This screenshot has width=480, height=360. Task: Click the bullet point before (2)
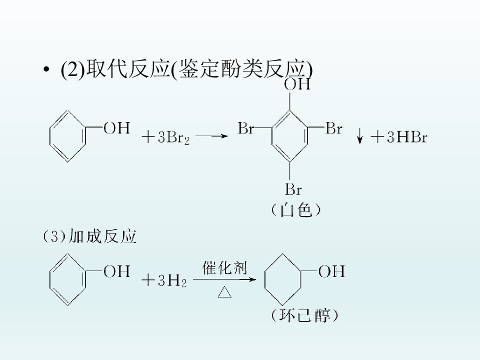46,69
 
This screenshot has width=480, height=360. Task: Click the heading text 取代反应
128,68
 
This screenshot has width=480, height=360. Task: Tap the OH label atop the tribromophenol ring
297,84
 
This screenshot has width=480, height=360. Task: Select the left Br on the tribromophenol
246,128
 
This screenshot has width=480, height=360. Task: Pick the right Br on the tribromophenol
334,128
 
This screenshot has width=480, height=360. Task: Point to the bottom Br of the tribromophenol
293,189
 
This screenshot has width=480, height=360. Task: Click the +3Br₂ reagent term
165,137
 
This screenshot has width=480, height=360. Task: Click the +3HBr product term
399,137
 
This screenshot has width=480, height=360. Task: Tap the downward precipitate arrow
360,137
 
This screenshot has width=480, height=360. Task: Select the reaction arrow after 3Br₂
212,136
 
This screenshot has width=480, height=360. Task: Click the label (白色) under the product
295,210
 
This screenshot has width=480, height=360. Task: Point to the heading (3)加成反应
89,236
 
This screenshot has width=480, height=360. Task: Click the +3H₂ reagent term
164,280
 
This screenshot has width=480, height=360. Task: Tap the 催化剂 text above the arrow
224,268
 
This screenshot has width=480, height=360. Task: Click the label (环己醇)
304,315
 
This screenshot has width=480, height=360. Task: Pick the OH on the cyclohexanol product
331,271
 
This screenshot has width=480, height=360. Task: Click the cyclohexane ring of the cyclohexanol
265,279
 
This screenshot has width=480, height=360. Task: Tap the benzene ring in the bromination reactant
50,136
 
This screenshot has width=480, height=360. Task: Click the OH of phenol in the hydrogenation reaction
116,271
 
